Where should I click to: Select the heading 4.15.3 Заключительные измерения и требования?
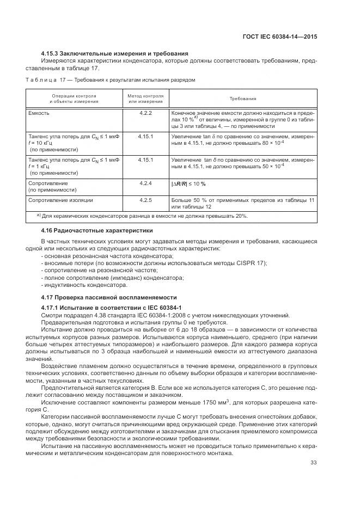(x=115, y=53)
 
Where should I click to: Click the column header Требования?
(x=243, y=99)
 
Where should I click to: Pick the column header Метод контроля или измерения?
(x=145, y=99)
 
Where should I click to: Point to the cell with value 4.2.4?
(x=145, y=183)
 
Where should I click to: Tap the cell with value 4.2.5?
(x=145, y=201)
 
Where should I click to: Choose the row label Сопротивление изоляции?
(x=60, y=201)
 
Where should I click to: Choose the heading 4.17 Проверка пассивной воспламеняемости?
(x=109, y=298)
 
